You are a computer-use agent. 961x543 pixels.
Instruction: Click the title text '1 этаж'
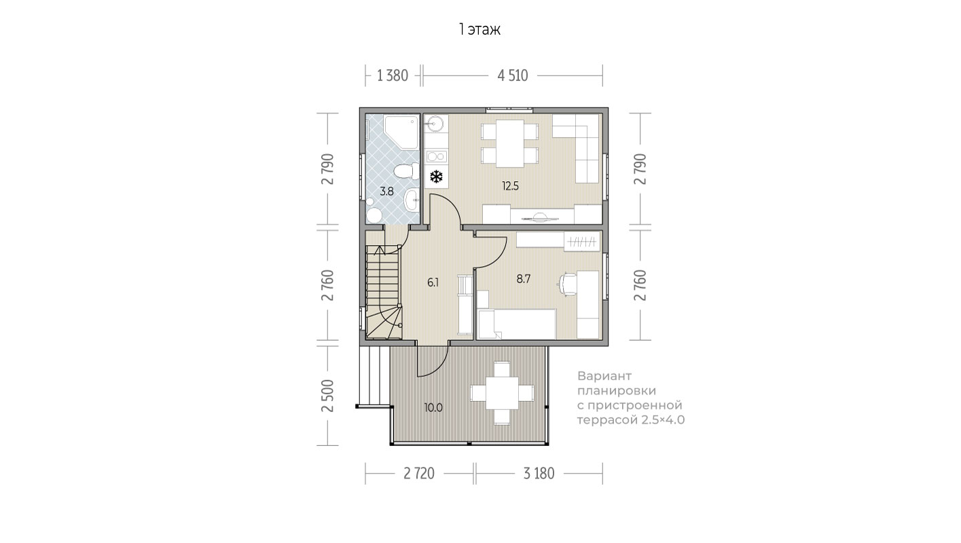[x=479, y=30]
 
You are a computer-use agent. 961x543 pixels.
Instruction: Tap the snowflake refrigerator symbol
[x=436, y=176]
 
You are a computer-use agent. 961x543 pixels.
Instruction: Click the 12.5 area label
[x=511, y=186]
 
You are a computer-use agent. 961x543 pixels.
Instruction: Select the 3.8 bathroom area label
[x=386, y=191]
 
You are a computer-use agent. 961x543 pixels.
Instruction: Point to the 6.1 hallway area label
[x=433, y=282]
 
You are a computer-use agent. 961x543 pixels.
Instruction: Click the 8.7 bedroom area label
[x=524, y=279]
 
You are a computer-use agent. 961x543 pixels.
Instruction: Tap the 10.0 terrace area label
[x=433, y=407]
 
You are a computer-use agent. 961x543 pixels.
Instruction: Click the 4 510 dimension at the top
[x=513, y=75]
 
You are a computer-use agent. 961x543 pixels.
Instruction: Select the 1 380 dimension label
[x=393, y=75]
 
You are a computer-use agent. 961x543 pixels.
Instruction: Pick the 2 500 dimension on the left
[x=328, y=396]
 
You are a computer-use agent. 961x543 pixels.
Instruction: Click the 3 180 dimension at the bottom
[x=539, y=474]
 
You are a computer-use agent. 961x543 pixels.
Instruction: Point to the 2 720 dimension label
[x=419, y=474]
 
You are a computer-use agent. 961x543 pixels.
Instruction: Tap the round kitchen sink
[x=434, y=124]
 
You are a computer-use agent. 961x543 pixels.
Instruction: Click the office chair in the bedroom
[x=567, y=284]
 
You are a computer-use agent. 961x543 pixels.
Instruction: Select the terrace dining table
[x=502, y=393]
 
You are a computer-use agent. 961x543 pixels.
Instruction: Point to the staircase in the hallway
[x=384, y=292]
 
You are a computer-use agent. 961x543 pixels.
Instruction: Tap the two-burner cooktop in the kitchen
[x=436, y=156]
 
